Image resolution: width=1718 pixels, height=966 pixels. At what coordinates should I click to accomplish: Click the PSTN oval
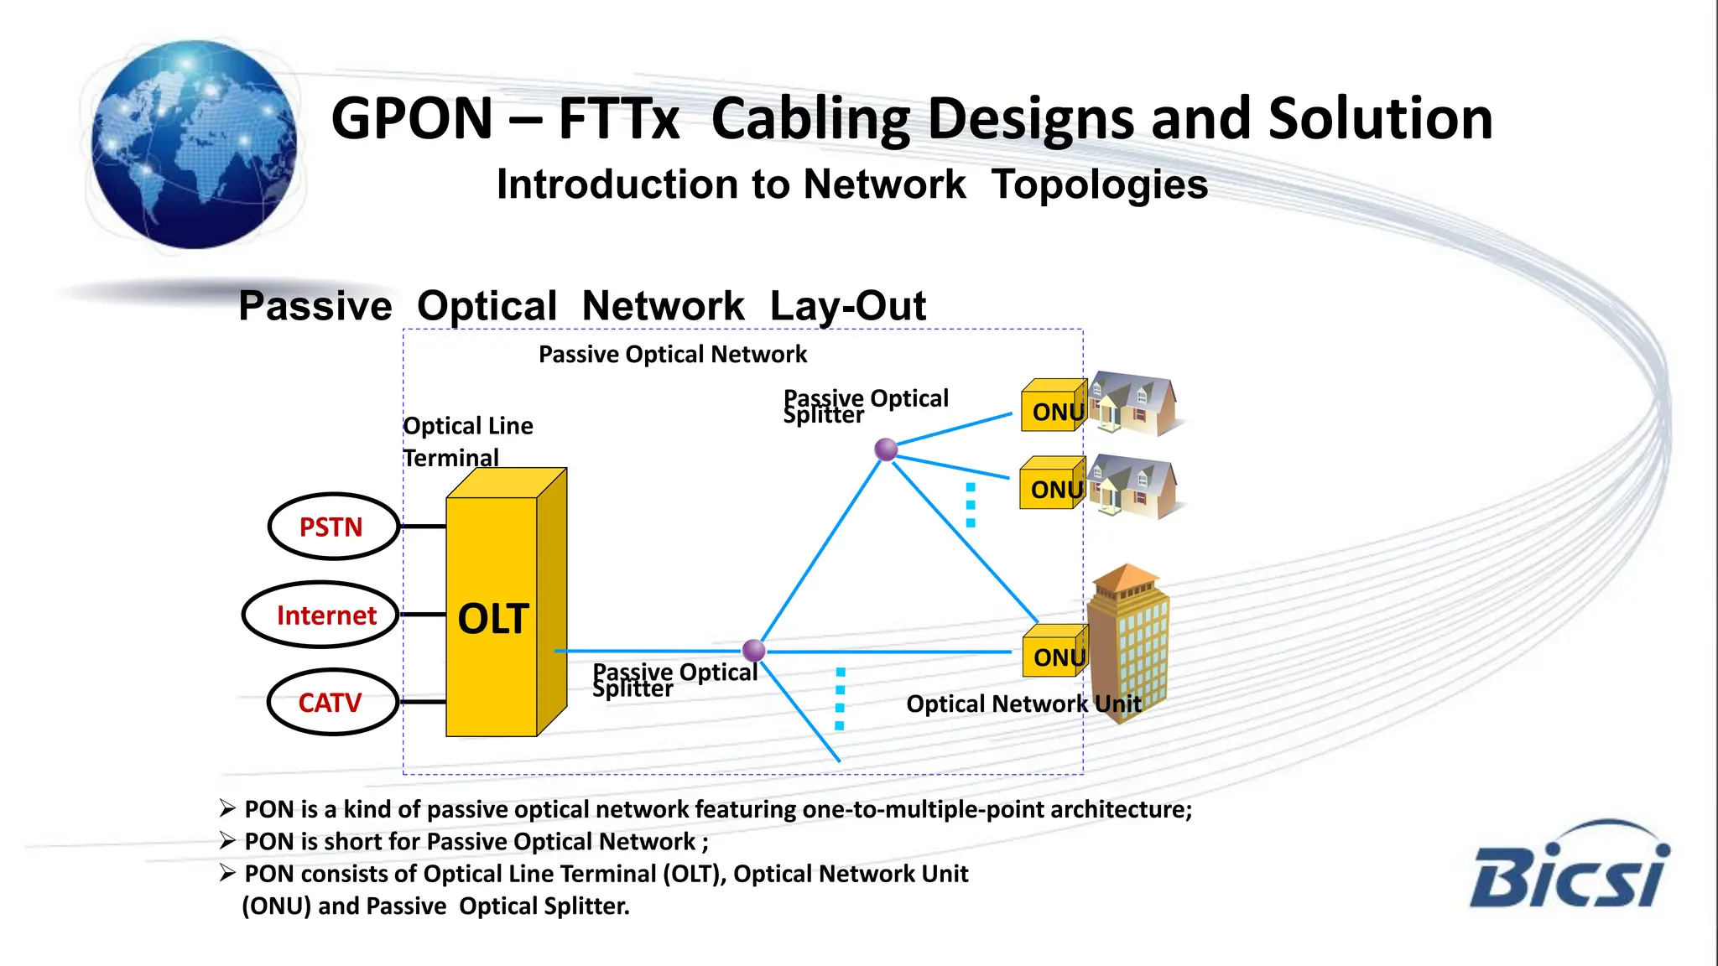tap(332, 527)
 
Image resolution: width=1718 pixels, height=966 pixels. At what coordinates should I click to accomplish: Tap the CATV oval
tap(331, 702)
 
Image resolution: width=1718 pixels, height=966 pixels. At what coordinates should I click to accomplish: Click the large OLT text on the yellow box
tap(492, 619)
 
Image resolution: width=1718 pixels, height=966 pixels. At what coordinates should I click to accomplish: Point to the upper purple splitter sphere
tap(886, 449)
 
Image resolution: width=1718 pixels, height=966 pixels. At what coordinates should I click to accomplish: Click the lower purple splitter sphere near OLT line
tap(753, 650)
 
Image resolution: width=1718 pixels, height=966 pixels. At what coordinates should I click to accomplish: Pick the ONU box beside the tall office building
tap(1054, 653)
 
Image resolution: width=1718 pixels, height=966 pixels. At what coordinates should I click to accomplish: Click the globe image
tap(194, 144)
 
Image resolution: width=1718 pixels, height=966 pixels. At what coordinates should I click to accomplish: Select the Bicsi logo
tap(1568, 867)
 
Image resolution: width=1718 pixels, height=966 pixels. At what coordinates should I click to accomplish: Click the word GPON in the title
tap(412, 118)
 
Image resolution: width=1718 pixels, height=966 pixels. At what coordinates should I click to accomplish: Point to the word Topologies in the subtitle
tap(1099, 184)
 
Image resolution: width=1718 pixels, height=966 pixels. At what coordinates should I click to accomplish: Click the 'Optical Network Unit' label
tap(1023, 704)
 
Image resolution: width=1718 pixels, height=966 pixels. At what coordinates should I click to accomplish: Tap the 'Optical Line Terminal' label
tap(467, 441)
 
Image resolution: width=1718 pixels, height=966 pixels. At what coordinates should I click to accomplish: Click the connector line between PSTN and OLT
tap(423, 527)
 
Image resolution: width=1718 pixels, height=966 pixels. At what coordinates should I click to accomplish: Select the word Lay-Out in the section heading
tap(847, 305)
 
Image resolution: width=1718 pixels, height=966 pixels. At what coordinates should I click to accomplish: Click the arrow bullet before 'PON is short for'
tap(227, 840)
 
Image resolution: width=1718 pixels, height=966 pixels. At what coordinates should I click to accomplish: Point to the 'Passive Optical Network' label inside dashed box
tap(672, 354)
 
